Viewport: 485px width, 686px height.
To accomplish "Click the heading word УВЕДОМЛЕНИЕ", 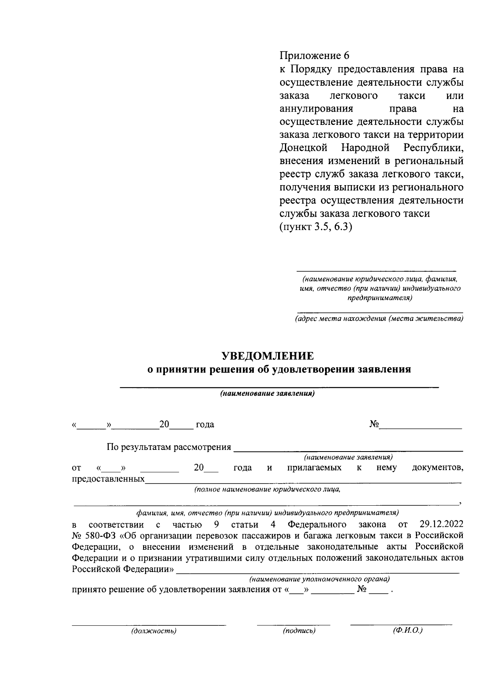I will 267,356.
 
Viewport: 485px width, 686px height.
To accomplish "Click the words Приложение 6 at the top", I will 314,56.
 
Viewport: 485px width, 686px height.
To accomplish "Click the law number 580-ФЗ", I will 99,536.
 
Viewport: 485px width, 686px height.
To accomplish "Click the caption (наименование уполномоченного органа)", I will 319,579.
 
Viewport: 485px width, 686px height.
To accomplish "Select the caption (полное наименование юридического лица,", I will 267,490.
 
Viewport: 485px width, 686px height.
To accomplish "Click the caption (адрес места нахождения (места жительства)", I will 379,319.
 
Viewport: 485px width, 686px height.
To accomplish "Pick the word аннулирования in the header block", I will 316,109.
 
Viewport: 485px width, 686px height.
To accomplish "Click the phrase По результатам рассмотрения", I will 169,447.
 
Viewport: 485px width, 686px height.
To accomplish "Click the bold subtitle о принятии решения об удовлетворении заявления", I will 279,369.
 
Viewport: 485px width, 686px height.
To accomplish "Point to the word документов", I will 437,468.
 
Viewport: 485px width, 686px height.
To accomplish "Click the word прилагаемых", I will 314,468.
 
